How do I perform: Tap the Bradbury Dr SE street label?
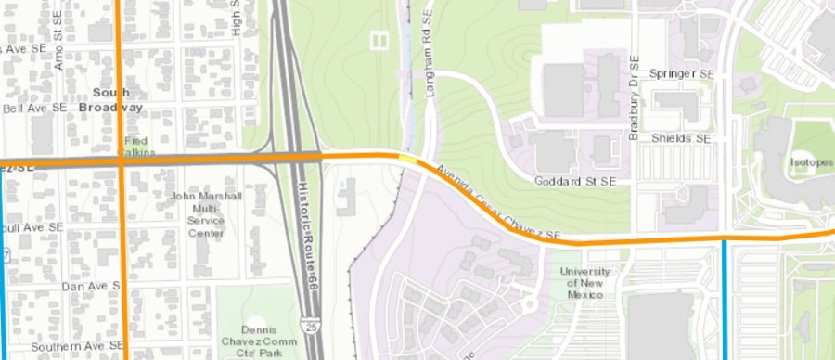point(635,98)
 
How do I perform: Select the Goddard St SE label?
point(575,180)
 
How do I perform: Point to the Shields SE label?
point(680,138)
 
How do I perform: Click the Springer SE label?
point(682,73)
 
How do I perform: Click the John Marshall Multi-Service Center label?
point(206,214)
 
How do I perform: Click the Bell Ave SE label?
point(35,108)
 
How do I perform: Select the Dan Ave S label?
point(91,287)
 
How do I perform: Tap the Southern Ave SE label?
point(77,346)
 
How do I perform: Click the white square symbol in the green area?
point(378,40)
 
